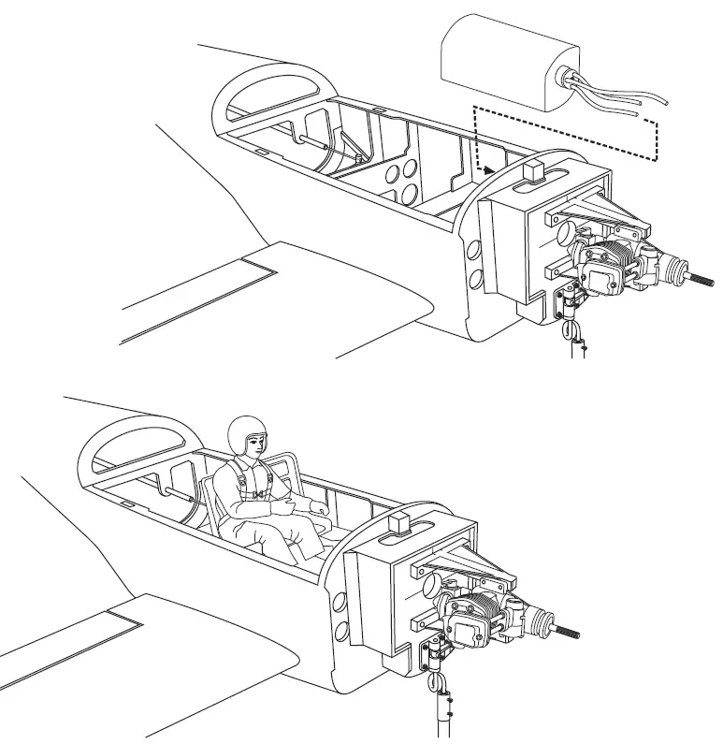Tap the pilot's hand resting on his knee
pyautogui.click(x=319, y=510)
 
